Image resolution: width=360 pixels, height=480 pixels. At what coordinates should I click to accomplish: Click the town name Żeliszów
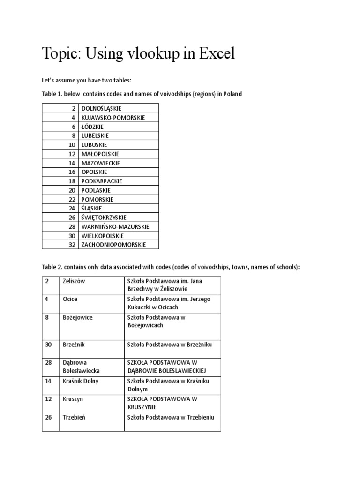(x=74, y=280)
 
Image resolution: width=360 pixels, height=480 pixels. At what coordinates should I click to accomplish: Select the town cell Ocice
(x=70, y=299)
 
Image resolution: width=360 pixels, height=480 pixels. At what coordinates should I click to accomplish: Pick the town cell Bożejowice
(x=77, y=317)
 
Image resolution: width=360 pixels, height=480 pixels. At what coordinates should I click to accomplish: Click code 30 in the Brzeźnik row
(x=48, y=345)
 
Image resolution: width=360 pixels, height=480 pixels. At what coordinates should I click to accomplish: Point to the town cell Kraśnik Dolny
(x=80, y=381)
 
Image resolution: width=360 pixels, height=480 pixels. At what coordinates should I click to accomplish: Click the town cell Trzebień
(x=75, y=417)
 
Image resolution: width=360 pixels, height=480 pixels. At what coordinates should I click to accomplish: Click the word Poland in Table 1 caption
(x=232, y=94)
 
